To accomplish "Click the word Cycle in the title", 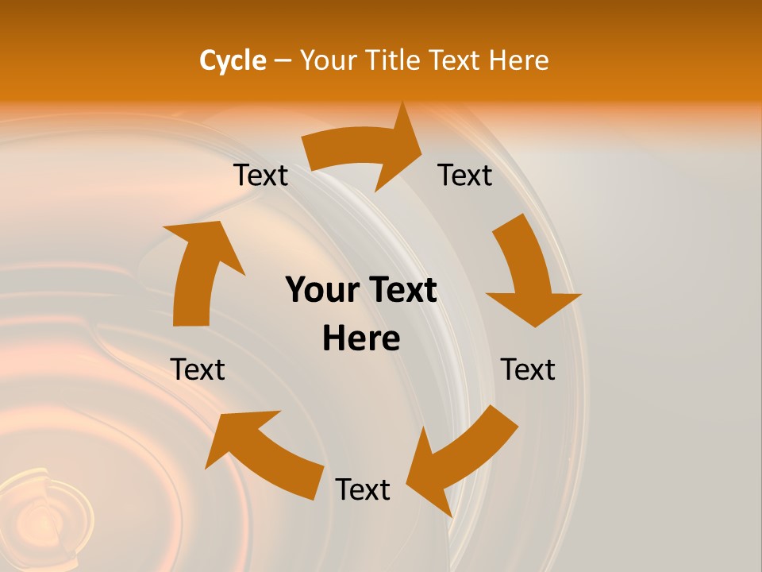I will (x=233, y=60).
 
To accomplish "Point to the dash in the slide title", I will (x=283, y=61).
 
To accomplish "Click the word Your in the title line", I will (x=328, y=60).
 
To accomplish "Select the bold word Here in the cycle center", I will (x=361, y=339).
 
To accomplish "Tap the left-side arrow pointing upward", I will (x=198, y=270).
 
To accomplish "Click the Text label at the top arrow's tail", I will (x=260, y=176).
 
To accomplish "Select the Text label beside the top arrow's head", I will (x=465, y=176).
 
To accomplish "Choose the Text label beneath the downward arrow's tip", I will (x=528, y=369).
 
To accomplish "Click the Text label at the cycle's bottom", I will (x=363, y=489).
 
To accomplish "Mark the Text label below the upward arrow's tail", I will (x=198, y=369).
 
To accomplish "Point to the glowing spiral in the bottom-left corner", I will (x=44, y=516).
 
